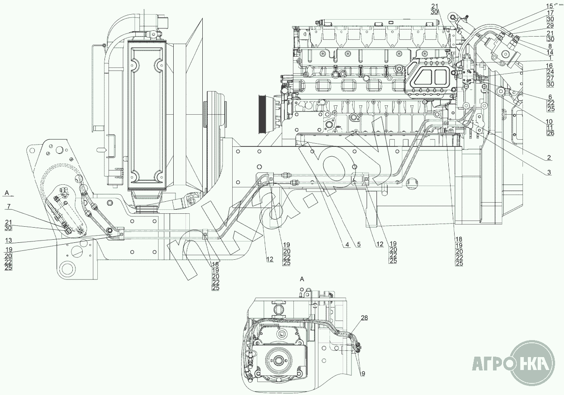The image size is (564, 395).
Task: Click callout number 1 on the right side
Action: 550,58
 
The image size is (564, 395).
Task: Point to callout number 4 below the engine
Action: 346,244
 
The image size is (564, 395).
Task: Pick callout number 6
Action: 550,96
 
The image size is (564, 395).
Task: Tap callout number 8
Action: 550,46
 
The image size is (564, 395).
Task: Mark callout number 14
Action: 550,52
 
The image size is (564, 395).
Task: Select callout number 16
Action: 550,65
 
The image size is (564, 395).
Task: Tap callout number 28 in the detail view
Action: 364,318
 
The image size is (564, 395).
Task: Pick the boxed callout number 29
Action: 550,26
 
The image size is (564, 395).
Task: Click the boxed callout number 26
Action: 550,133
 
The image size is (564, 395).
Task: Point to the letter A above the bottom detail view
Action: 302,279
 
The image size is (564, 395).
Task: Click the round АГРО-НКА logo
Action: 532,362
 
